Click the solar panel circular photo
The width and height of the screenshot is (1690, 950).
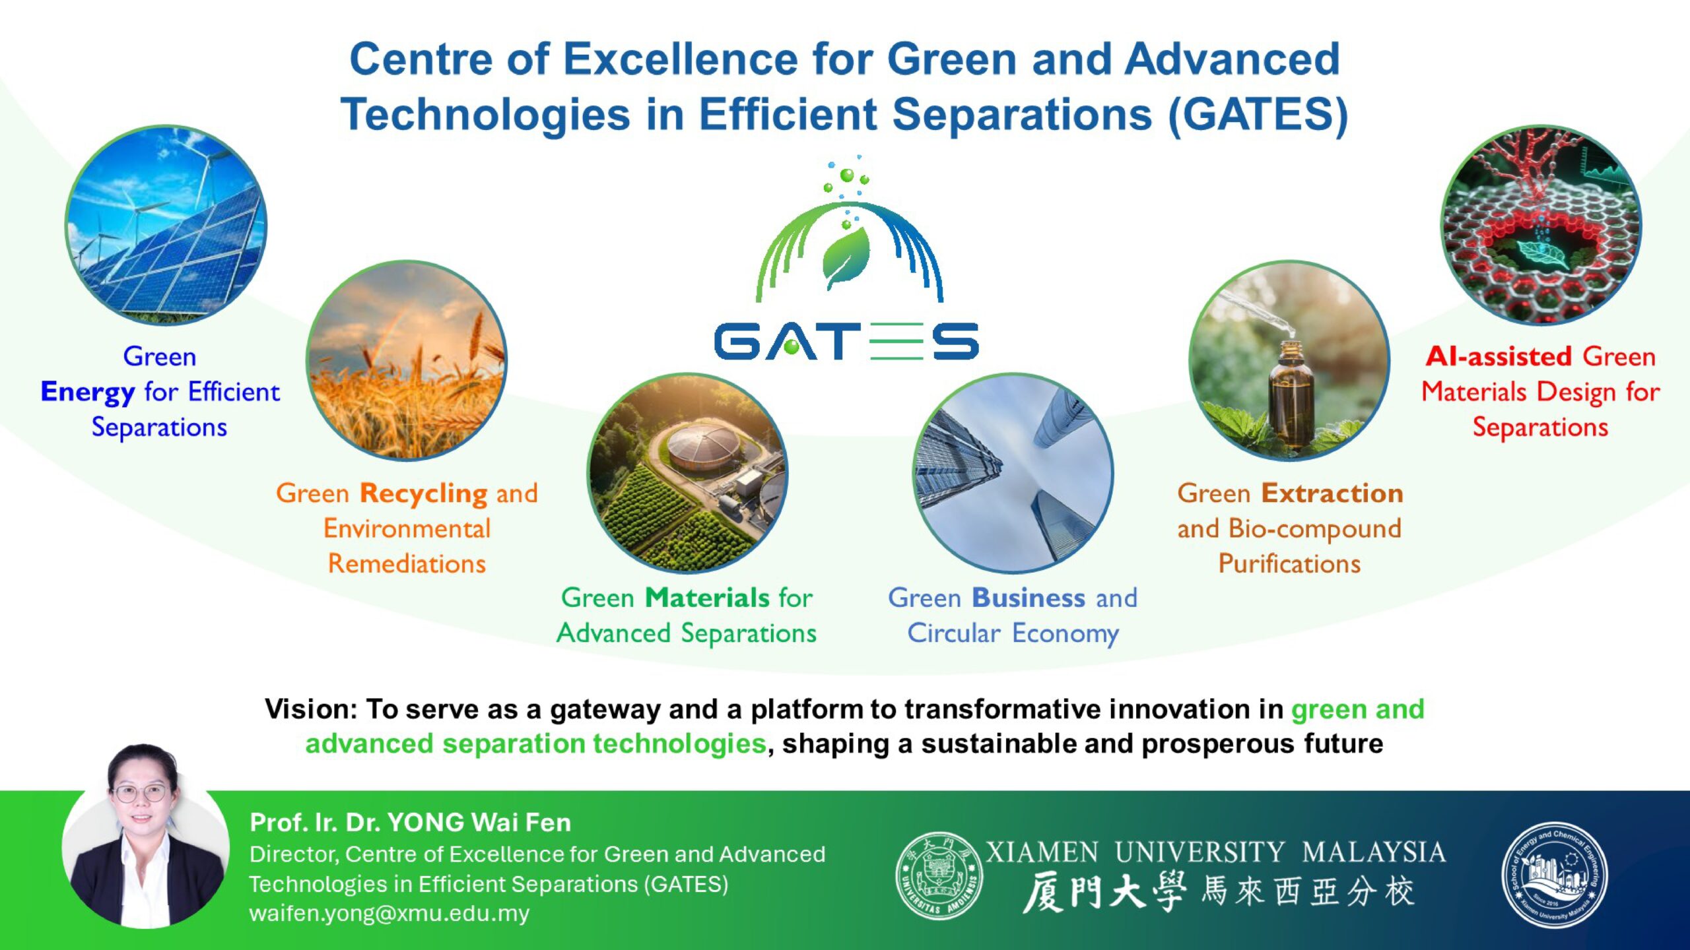pyautogui.click(x=166, y=225)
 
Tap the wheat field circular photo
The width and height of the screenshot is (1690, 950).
pyautogui.click(x=407, y=360)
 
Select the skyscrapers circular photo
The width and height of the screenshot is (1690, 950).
pyautogui.click(x=1013, y=473)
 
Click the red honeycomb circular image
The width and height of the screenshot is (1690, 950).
pyautogui.click(x=1541, y=225)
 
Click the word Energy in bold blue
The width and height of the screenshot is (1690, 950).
pyautogui.click(x=88, y=393)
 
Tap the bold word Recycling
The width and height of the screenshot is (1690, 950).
pyautogui.click(x=424, y=493)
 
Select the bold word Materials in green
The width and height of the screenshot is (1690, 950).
pyautogui.click(x=707, y=598)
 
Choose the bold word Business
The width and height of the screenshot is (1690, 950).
pyautogui.click(x=1029, y=598)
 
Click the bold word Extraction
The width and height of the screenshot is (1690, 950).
pyautogui.click(x=1332, y=493)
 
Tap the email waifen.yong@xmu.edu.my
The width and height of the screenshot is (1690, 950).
pyautogui.click(x=389, y=914)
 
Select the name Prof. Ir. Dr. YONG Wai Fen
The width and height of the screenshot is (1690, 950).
pyautogui.click(x=411, y=823)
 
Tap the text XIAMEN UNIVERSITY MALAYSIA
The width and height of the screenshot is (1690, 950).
pyautogui.click(x=1216, y=852)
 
